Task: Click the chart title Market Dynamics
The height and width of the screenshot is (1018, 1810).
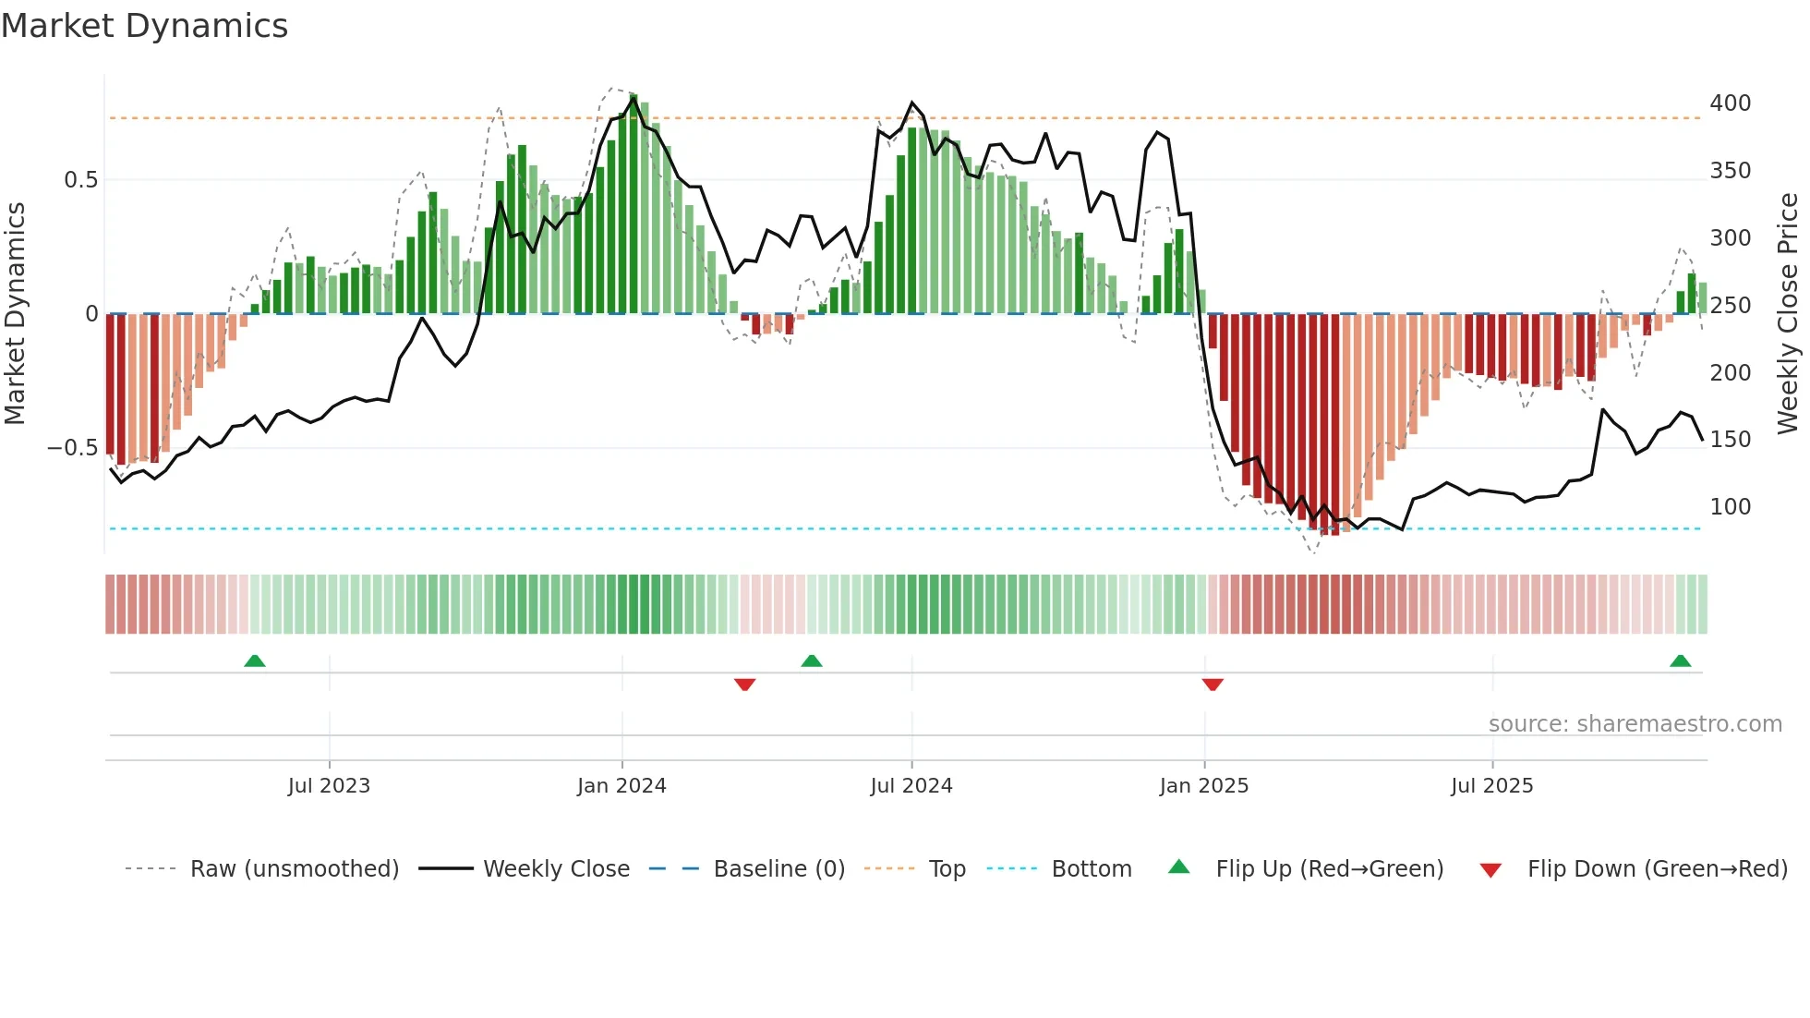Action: click(144, 26)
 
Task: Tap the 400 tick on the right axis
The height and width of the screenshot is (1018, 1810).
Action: click(1730, 103)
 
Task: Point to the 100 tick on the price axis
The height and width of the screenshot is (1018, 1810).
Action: click(1730, 506)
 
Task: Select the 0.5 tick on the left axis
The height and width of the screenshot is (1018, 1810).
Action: click(80, 179)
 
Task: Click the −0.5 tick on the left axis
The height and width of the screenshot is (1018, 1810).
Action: click(73, 448)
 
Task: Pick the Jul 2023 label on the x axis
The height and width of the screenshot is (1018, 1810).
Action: click(329, 785)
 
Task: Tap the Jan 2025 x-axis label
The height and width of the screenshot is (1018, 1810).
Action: click(1203, 785)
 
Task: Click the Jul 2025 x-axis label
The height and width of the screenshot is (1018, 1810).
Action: click(1491, 785)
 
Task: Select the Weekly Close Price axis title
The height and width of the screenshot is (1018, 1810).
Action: click(1788, 313)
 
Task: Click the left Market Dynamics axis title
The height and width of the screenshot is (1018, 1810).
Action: click(15, 313)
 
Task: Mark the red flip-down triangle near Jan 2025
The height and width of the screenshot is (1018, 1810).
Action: click(1213, 685)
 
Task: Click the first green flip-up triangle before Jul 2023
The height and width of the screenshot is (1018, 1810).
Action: click(255, 660)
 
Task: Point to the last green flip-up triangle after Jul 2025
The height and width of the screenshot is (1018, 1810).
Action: click(1680, 660)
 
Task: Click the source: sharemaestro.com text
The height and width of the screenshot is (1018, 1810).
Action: click(1635, 723)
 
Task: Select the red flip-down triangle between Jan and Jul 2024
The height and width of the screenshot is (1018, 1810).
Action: click(745, 685)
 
